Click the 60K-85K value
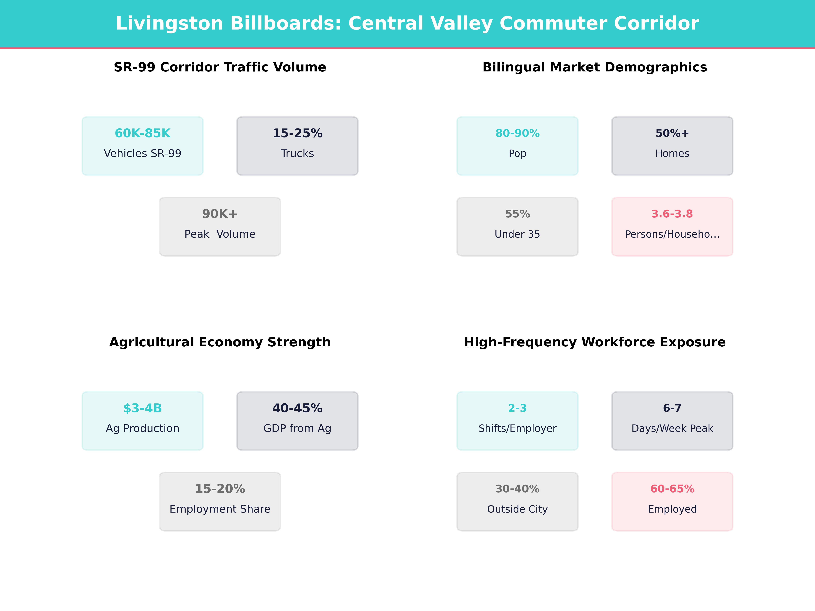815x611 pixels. tap(143, 133)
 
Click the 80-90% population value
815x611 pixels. tap(517, 133)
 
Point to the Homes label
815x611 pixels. tap(672, 154)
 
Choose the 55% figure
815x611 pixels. tap(517, 214)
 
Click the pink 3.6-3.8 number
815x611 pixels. tap(672, 214)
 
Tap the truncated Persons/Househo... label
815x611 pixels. tap(672, 234)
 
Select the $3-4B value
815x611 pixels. tap(143, 408)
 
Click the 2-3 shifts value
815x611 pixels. tap(517, 408)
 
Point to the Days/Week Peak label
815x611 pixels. tap(672, 428)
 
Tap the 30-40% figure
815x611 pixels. tap(517, 489)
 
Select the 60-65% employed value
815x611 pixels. tap(672, 489)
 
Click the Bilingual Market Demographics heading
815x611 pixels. tap(595, 67)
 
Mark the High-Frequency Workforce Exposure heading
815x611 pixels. tap(595, 342)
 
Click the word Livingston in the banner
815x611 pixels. tap(169, 24)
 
